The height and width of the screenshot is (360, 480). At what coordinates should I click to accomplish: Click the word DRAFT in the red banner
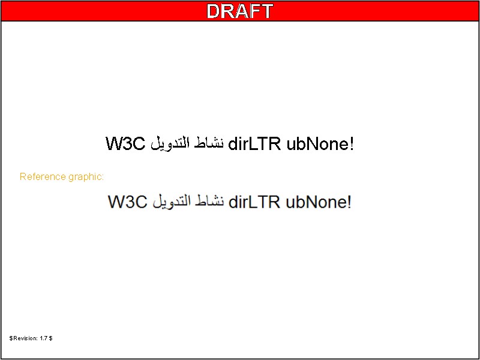point(239,11)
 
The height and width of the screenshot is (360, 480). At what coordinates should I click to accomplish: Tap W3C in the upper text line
point(125,143)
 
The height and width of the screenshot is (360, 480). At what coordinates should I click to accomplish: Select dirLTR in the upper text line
point(254,143)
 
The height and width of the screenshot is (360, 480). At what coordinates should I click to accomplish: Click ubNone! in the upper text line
point(320,143)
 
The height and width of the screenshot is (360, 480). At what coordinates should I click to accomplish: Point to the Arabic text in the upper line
point(187,143)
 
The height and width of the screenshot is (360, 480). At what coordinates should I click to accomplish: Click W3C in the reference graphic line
point(128,202)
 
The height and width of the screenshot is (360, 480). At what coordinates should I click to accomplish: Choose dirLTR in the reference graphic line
point(254,202)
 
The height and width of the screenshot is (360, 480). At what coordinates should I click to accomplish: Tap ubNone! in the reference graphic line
point(319,202)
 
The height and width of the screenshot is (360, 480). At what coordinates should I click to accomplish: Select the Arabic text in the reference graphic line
point(188,202)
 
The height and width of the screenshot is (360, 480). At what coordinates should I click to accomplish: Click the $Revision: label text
point(23,338)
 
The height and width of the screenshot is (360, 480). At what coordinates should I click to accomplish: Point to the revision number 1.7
point(44,338)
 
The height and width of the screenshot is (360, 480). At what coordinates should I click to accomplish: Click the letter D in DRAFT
point(214,11)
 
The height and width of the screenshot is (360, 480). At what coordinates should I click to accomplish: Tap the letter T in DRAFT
point(266,11)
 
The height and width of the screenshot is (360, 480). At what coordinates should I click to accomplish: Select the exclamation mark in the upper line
point(352,143)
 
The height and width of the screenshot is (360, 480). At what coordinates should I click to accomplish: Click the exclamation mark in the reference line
point(349,202)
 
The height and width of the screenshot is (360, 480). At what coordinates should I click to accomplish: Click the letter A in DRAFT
point(242,11)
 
